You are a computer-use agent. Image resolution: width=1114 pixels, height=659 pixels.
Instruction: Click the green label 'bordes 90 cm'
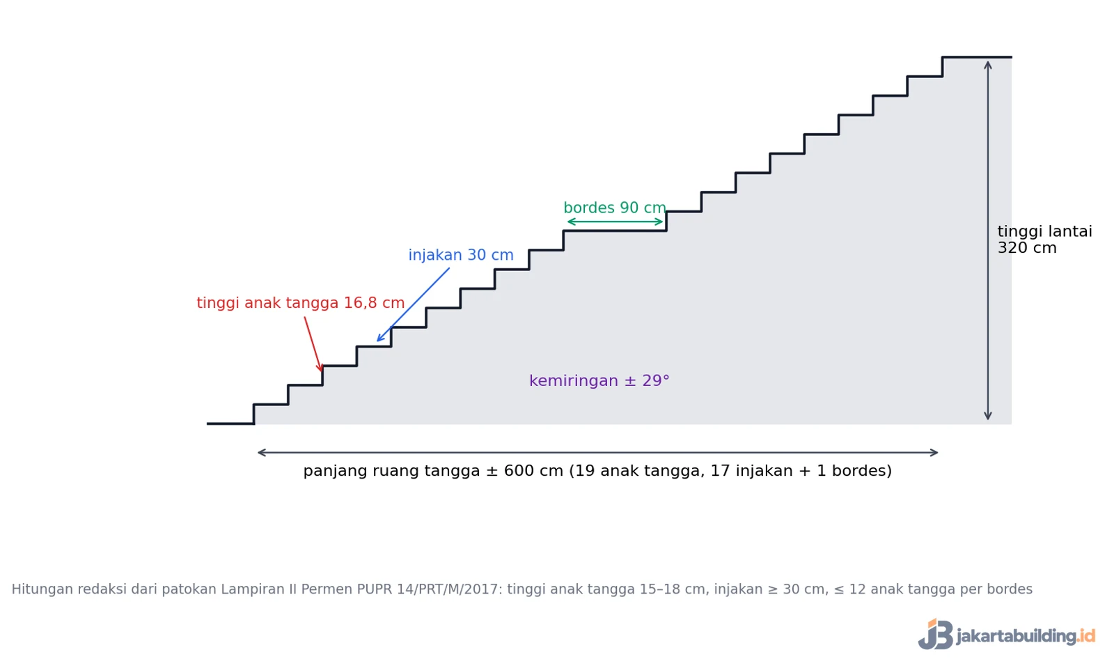[615, 208]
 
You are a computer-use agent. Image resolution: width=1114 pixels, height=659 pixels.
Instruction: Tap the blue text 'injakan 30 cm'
[460, 256]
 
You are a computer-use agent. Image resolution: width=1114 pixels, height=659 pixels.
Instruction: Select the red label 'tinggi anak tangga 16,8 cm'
[300, 303]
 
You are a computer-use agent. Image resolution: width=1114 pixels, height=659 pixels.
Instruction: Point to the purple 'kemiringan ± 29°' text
[599, 381]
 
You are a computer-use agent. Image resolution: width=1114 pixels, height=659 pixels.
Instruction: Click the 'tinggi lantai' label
[1045, 231]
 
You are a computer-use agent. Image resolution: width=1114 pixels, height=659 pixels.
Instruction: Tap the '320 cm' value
[1027, 248]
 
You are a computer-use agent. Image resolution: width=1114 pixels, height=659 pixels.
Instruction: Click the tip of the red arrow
[321, 371]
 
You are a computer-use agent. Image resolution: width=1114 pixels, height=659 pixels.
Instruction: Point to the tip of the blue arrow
[377, 341]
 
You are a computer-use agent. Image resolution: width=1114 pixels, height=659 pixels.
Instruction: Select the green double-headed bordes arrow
[615, 222]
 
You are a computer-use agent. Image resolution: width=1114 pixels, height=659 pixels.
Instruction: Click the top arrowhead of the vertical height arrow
[988, 62]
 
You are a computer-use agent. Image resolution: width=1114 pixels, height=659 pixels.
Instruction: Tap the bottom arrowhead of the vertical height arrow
[988, 419]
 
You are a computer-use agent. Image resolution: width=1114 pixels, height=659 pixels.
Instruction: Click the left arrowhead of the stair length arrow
[258, 452]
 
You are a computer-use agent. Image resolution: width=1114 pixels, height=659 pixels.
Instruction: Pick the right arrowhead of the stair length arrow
[937, 452]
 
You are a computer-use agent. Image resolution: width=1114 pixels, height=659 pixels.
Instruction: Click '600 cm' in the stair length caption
[533, 471]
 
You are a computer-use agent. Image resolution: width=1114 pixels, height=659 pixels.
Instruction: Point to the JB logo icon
[936, 634]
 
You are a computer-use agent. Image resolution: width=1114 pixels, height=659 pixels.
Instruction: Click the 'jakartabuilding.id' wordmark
[1026, 636]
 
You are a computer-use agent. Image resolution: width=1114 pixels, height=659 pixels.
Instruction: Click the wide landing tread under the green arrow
[615, 231]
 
